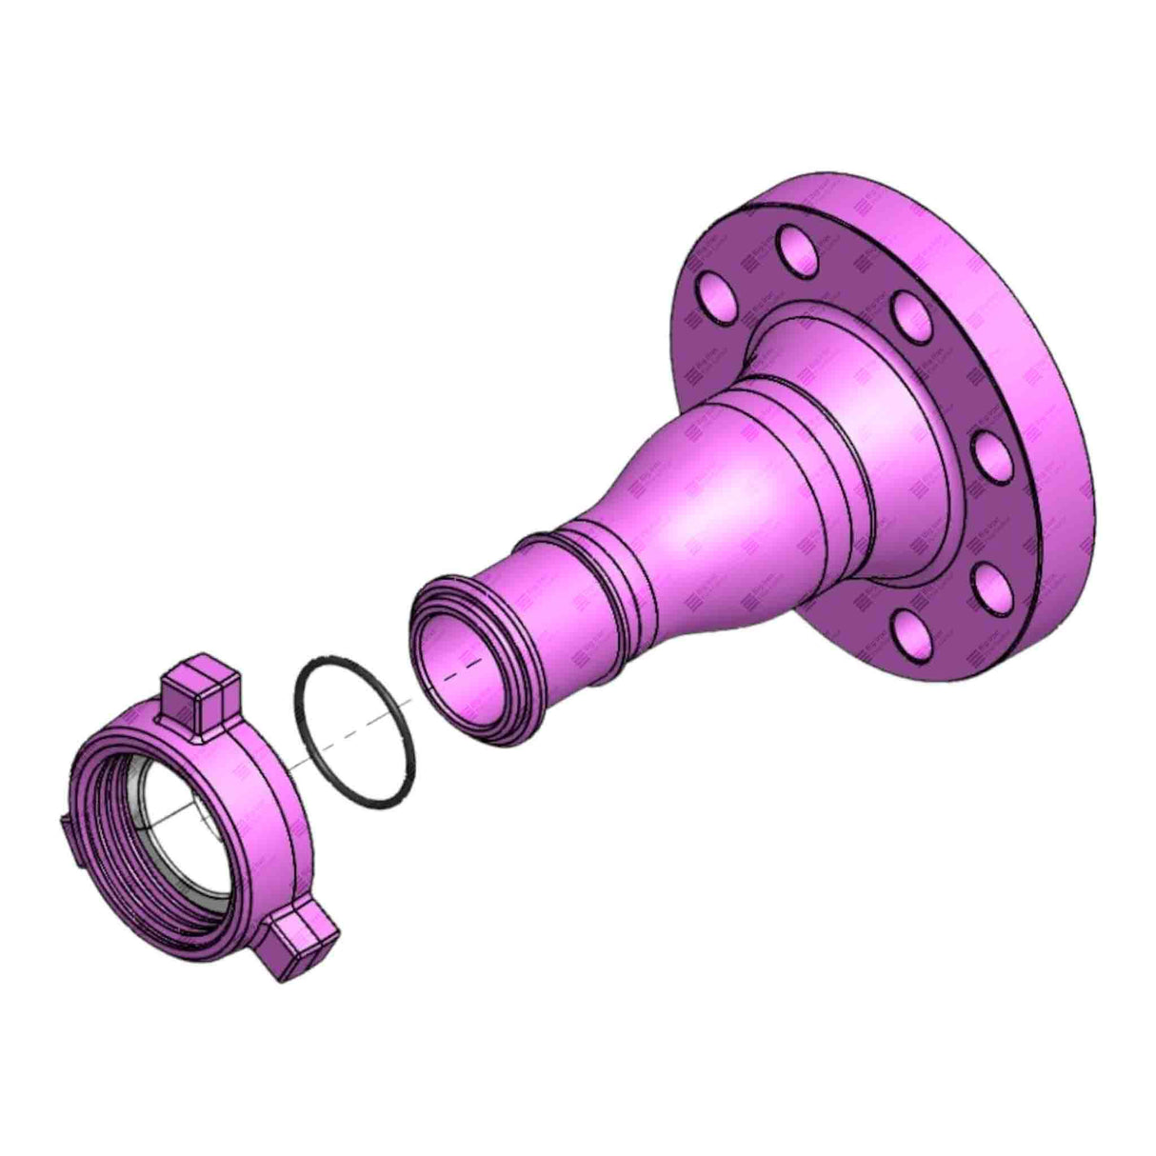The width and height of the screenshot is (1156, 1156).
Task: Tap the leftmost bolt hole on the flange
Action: [x=714, y=295]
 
